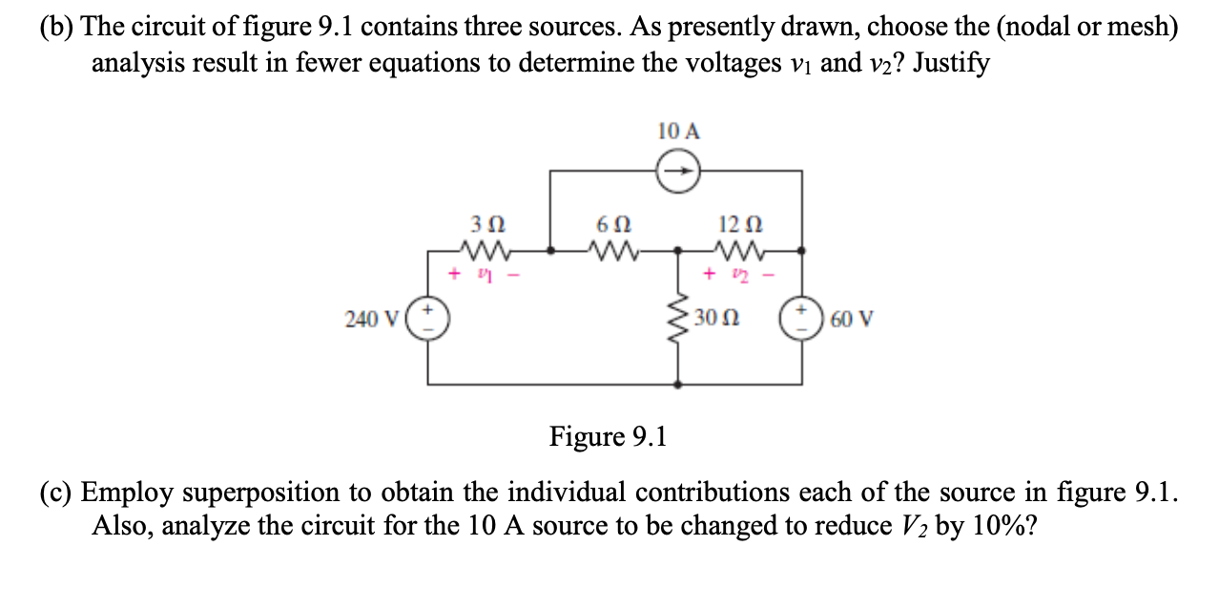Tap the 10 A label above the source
678,132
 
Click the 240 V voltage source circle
428,318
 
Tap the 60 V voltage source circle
800,318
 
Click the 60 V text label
851,318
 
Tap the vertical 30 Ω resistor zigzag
679,318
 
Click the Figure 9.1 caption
609,437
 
